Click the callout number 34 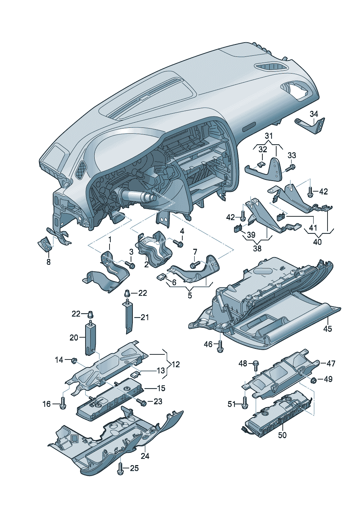coord(314,114)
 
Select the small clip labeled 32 coord(261,164)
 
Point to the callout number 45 coord(328,329)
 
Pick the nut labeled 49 coord(313,380)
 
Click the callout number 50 coord(282,435)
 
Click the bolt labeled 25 coord(120,468)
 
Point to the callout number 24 coord(145,456)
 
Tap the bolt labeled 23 coord(142,402)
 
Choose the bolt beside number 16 coord(63,404)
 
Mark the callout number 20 coord(74,338)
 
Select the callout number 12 coord(175,364)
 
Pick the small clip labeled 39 coord(237,229)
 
